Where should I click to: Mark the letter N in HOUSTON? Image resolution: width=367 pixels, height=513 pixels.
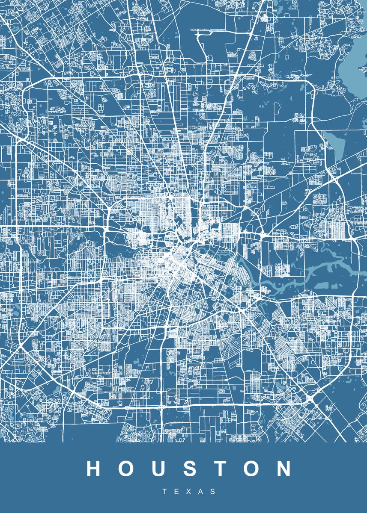point(283,469)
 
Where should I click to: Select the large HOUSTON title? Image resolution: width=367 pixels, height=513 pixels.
point(189,469)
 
